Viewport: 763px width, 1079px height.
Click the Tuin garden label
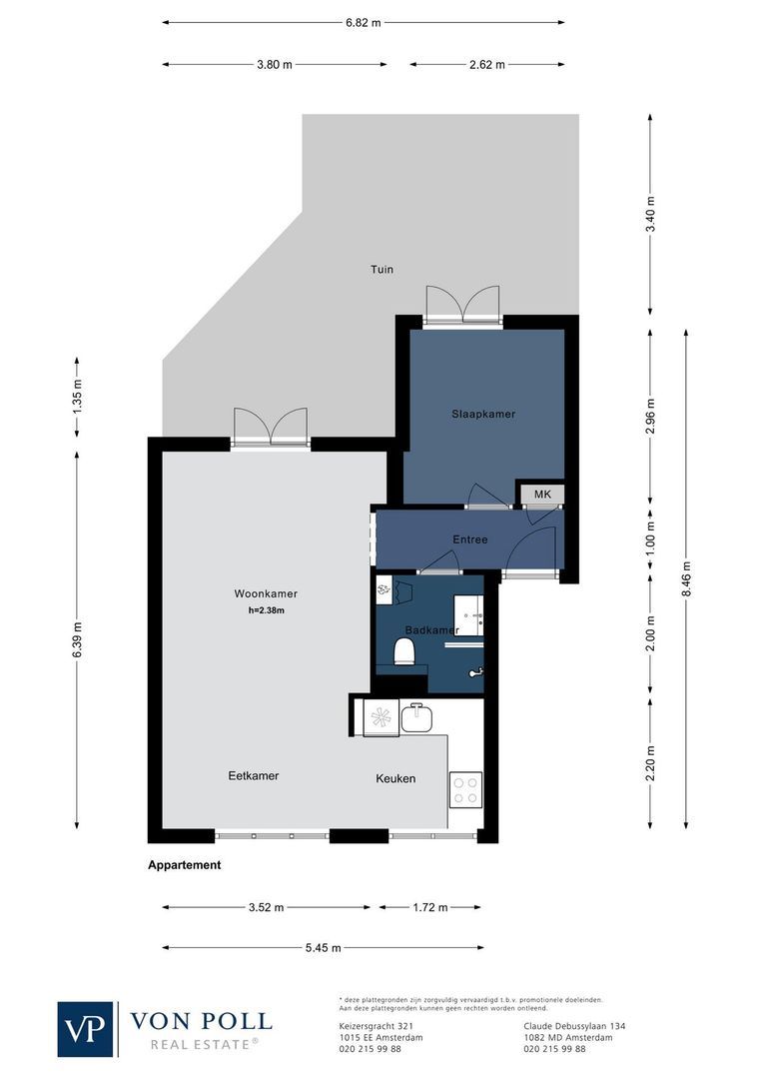point(381,270)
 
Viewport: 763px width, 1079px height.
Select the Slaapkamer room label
point(483,414)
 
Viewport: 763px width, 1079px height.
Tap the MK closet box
point(542,495)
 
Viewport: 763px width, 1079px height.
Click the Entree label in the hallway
point(470,539)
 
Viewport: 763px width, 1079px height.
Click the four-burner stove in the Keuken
point(465,788)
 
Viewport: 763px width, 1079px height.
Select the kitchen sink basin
point(415,717)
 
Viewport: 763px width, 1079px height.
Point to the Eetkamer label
point(253,775)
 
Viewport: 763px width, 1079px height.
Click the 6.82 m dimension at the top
point(363,22)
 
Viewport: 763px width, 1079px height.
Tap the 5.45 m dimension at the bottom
point(323,948)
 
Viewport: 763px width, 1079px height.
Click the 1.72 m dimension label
point(430,908)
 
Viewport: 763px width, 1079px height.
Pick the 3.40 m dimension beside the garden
point(651,215)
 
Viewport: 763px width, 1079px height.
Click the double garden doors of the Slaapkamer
point(461,306)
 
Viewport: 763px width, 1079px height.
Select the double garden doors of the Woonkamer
point(270,427)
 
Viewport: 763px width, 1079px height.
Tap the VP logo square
point(87,1028)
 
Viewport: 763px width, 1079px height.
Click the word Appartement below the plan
point(184,865)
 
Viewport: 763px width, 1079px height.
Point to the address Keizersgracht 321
point(378,1026)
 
